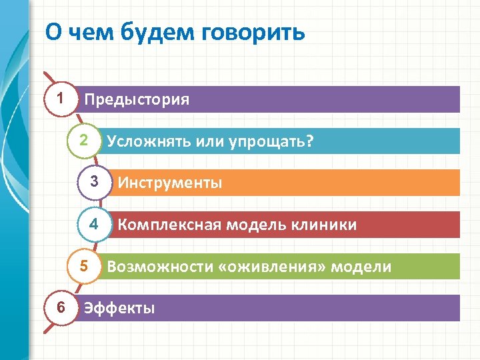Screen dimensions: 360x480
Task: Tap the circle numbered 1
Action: click(61, 99)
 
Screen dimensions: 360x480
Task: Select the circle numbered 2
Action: click(83, 141)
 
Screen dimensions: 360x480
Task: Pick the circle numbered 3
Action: click(95, 182)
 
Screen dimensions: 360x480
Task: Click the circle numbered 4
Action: click(95, 224)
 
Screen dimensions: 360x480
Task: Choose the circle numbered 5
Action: click(83, 266)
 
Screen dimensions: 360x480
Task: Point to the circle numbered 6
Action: click(61, 307)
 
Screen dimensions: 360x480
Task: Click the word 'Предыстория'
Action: click(137, 100)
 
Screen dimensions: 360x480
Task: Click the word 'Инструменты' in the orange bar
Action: click(170, 183)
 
